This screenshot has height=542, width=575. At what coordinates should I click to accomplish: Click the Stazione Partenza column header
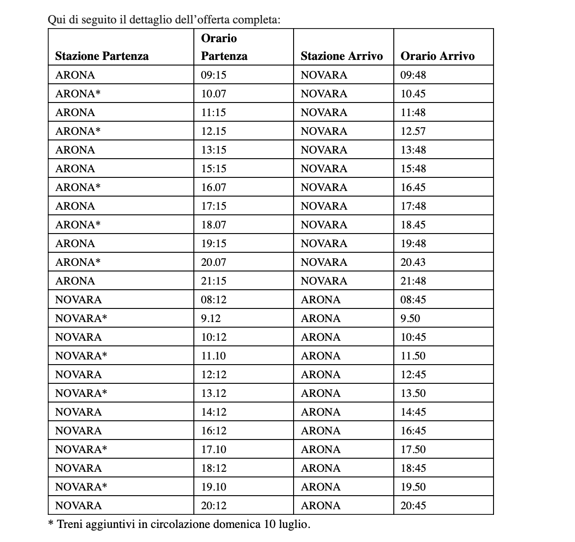[x=102, y=56]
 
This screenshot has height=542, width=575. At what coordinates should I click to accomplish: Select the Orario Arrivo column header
[x=437, y=56]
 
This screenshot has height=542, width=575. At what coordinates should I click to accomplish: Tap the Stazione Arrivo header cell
[x=341, y=56]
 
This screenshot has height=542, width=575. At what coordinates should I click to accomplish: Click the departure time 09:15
[x=214, y=75]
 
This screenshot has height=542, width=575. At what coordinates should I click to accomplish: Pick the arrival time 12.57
[x=413, y=131]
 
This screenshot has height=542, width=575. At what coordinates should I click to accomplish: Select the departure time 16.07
[x=214, y=187]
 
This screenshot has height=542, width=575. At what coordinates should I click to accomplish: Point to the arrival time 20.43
[x=413, y=262]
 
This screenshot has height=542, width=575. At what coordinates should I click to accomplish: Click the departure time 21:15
[x=214, y=281]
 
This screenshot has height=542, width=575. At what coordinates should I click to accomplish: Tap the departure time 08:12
[x=214, y=300]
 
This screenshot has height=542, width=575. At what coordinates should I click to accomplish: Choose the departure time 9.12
[x=211, y=318]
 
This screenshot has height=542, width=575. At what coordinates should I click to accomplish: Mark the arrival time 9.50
[x=410, y=318]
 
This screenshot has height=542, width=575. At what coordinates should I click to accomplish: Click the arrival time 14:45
[x=413, y=412]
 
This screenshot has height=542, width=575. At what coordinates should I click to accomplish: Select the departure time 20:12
[x=214, y=505]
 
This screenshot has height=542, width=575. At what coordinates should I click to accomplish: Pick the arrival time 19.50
[x=413, y=487]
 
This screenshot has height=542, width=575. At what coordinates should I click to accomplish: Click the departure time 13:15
[x=214, y=150]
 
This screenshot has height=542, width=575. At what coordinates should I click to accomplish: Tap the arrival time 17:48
[x=413, y=206]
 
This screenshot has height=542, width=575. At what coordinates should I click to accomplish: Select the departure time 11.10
[x=214, y=356]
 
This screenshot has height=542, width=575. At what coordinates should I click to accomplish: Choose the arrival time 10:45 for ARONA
[x=413, y=337]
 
